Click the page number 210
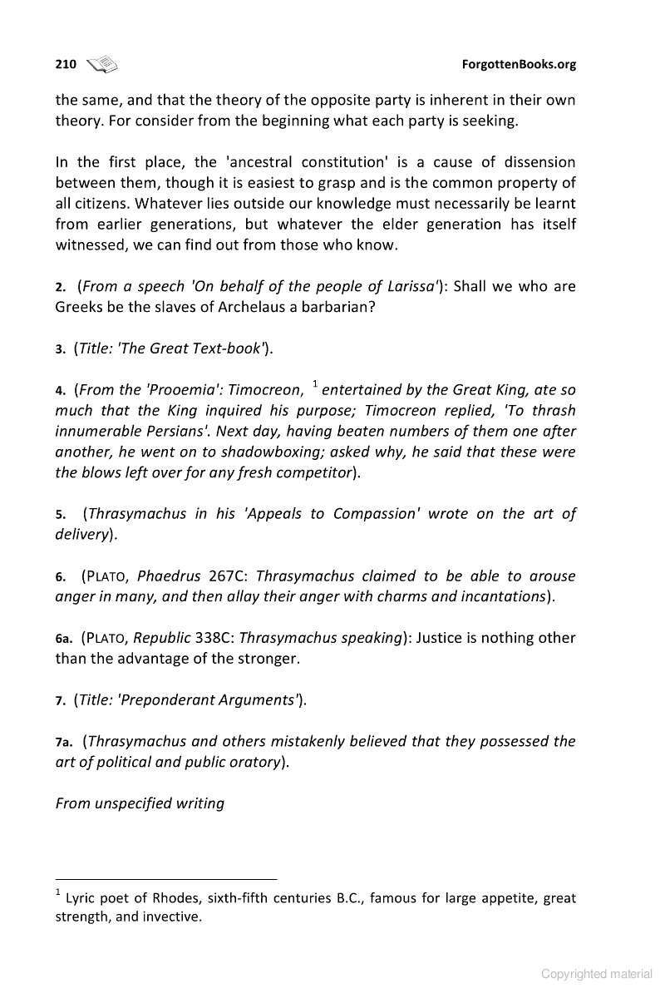pos(66,64)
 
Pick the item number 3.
pos(61,349)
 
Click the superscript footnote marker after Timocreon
pos(315,383)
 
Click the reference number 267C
pos(229,576)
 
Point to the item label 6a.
pos(65,639)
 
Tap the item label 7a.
pos(65,741)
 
